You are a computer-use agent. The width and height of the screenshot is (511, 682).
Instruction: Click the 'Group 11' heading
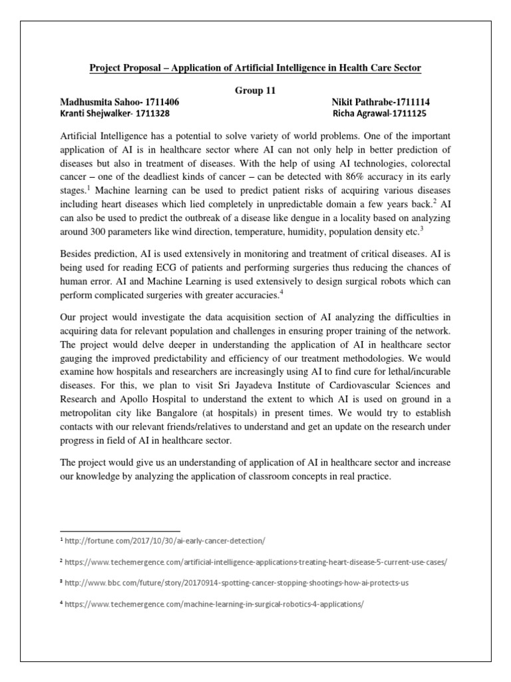coord(255,91)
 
